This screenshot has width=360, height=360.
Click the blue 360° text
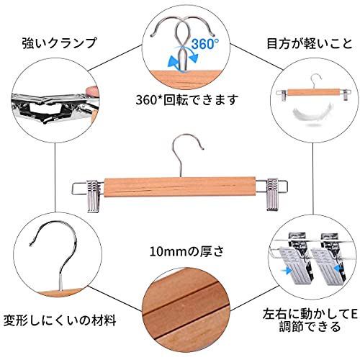(204, 43)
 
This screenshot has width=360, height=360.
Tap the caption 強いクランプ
(59, 43)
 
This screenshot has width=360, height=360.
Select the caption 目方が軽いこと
(310, 43)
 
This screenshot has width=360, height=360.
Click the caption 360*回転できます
(186, 99)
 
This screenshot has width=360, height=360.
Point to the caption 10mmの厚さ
(186, 251)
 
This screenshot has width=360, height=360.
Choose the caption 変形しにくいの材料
(60, 320)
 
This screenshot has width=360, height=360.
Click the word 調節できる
(310, 327)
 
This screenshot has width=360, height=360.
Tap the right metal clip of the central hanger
(272, 194)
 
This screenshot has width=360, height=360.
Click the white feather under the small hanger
(312, 114)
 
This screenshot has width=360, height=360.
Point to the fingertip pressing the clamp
(92, 91)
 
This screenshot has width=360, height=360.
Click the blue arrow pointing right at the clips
(286, 271)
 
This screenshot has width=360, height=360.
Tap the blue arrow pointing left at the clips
(340, 268)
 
